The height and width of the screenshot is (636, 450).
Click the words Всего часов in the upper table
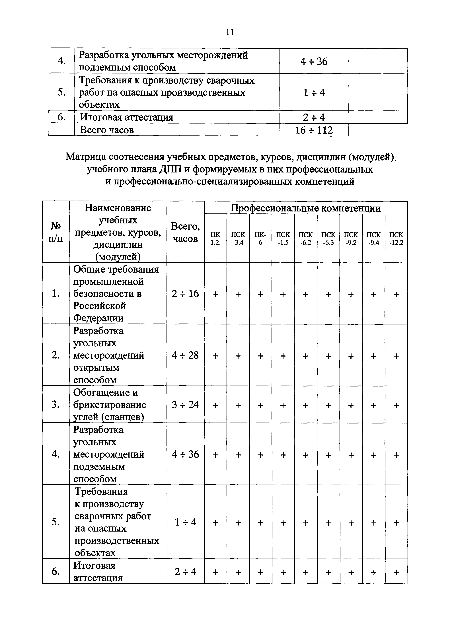pos(107,130)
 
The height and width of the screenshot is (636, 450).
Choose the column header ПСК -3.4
pos(238,238)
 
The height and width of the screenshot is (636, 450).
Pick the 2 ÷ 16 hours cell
pos(185,293)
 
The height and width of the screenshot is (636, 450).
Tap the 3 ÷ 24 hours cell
pos(185,405)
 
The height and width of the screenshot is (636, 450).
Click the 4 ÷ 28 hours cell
pos(185,355)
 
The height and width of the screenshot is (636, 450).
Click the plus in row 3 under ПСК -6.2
pos(305,405)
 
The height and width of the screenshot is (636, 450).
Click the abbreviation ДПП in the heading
pos(170,169)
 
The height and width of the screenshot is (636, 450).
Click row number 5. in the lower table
pos(56,522)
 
